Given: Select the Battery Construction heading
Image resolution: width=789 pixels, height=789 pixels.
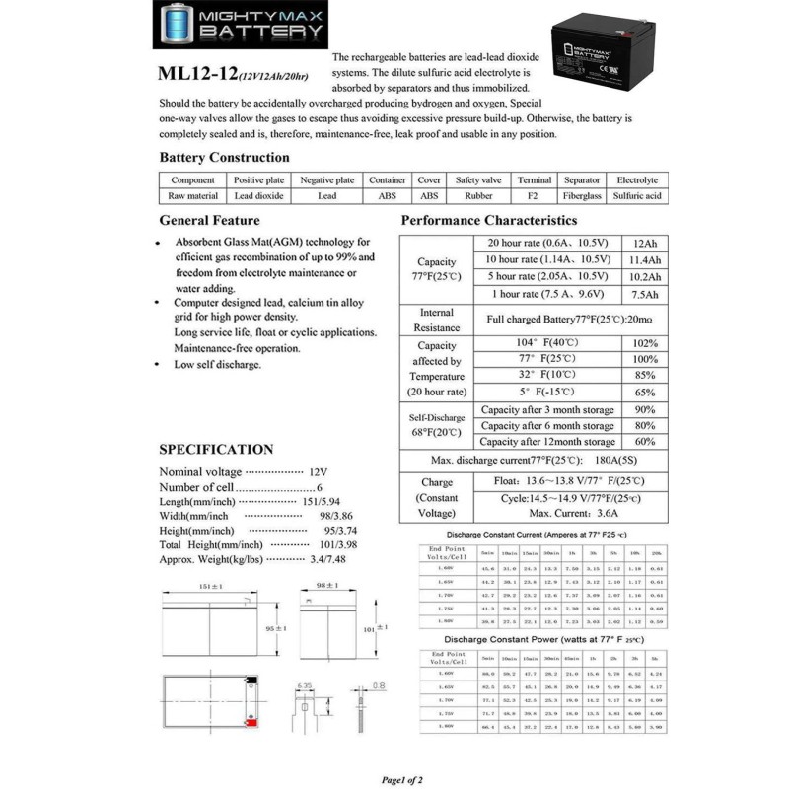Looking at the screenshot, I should tap(224, 157).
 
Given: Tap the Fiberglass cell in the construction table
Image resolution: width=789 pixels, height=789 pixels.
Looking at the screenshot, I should tap(582, 195).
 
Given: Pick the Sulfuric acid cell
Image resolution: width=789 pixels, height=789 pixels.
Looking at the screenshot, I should tap(637, 195).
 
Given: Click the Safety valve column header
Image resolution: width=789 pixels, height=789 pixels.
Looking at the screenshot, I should tap(478, 180).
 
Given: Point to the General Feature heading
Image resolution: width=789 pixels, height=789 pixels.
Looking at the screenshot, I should tap(209, 220).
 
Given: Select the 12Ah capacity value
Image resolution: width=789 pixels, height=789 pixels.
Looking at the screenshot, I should tap(645, 243).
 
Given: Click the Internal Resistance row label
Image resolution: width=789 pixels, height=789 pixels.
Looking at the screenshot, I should tap(436, 320).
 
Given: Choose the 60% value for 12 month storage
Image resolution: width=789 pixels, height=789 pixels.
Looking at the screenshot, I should tap(645, 441).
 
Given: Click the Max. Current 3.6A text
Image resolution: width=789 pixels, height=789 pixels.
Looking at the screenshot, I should tap(559, 514).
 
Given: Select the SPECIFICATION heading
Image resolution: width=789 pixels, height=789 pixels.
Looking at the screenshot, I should tap(216, 449).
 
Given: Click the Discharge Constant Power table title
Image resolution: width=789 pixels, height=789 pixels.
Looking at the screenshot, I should tap(529, 639).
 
